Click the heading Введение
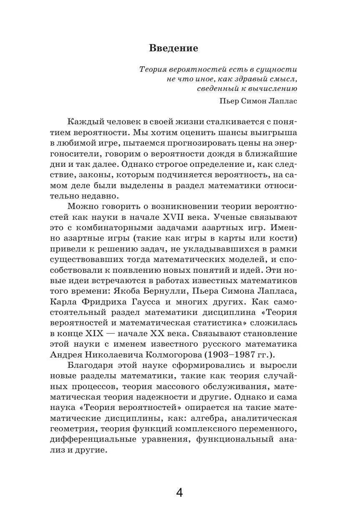click(174, 48)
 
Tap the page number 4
click(179, 493)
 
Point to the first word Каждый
click(81, 121)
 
